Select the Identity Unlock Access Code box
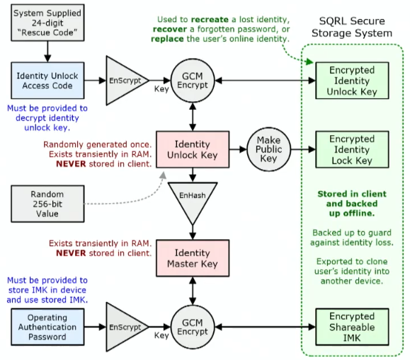pos(47,80)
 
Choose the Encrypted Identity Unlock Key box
pos(352,79)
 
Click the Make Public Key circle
pos(268,150)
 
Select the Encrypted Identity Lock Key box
pos(352,150)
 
